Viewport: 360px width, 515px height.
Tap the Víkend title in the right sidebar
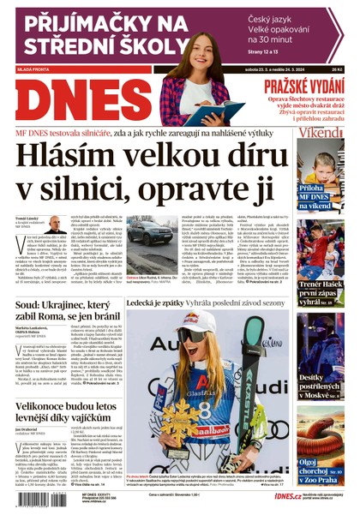click(x=320, y=134)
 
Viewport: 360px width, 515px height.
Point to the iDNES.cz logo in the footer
click(x=287, y=495)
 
